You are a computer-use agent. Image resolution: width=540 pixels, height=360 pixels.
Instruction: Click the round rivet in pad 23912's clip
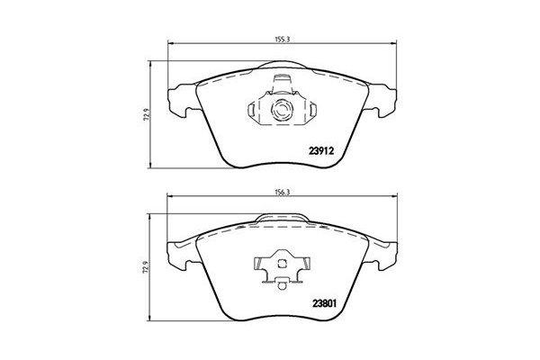281,112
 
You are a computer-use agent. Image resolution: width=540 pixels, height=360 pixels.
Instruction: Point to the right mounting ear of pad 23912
384,101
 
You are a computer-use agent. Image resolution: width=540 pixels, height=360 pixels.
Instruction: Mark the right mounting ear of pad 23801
384,255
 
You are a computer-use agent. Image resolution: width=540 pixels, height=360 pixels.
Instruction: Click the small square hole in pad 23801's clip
283,264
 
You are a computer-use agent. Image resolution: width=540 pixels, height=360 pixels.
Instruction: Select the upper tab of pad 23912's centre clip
281,85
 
